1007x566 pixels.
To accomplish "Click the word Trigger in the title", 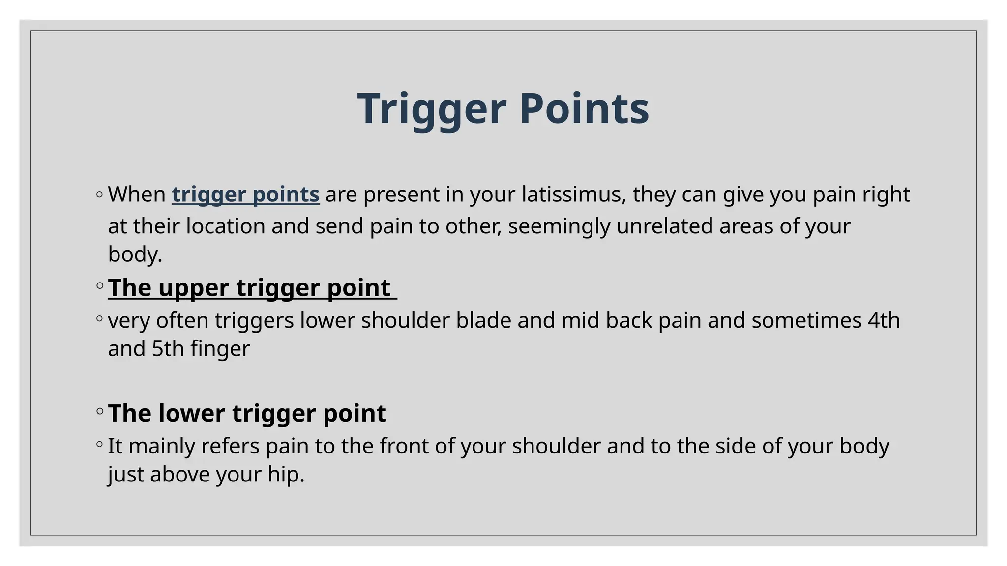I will pos(431,109).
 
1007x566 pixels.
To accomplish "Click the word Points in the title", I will pos(584,109).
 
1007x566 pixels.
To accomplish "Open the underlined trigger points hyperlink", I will pos(245,195).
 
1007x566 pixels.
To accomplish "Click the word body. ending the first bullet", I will pos(135,255).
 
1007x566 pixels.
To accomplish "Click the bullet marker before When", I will pos(100,195).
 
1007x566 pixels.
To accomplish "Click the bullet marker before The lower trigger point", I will pos(100,411).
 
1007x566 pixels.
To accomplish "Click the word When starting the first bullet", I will pos(137,195).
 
